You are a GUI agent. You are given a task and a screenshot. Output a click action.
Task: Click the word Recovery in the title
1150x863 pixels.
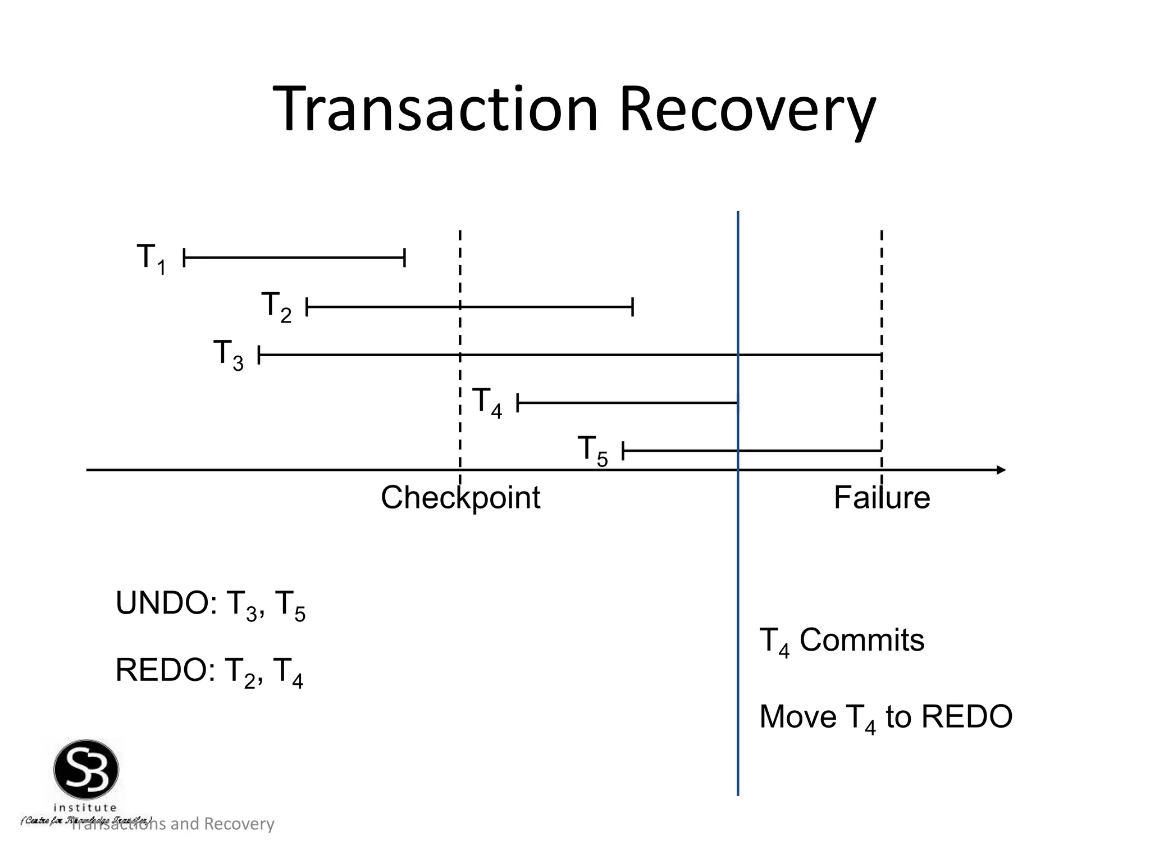point(747,110)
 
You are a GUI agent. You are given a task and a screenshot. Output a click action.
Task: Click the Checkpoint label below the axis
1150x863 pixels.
point(460,498)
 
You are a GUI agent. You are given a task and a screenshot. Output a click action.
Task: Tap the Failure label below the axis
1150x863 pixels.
point(882,498)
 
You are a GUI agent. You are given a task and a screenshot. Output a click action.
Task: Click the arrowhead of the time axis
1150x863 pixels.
point(1001,470)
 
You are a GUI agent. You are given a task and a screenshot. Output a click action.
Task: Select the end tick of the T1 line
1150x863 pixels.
point(404,258)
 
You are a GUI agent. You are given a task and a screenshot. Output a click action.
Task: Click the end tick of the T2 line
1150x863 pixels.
point(633,307)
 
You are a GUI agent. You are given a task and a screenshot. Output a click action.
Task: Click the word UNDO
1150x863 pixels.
point(162,603)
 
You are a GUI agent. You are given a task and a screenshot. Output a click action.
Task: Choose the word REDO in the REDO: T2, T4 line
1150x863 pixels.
point(162,670)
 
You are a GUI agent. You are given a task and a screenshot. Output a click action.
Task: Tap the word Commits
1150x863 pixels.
point(861,640)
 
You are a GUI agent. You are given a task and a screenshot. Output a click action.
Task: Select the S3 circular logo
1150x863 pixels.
point(86,770)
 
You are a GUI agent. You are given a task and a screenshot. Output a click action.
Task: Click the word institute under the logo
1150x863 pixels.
point(85,808)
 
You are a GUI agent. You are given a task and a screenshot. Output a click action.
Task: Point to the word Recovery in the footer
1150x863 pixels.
point(239,824)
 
